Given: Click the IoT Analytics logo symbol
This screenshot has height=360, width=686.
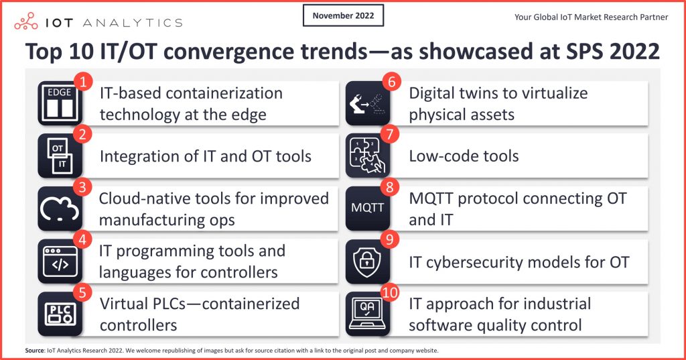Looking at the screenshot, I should (x=26, y=21).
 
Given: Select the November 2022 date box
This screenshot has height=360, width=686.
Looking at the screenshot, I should (x=343, y=15).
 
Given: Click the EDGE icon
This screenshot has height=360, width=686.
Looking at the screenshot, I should (x=60, y=103).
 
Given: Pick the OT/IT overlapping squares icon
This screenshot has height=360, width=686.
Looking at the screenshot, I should (x=60, y=156).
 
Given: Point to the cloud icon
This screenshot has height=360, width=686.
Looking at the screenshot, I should (x=60, y=208).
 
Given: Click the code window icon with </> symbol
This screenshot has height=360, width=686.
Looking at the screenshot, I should (x=60, y=261).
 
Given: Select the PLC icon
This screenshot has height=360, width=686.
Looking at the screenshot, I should (x=60, y=314).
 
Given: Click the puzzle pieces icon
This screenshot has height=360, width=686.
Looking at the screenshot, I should (x=368, y=156).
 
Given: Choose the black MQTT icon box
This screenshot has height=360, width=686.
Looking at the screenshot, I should (x=368, y=208).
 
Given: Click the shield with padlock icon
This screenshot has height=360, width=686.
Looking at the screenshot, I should (x=368, y=261).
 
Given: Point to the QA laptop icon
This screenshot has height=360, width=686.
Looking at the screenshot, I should (x=368, y=314).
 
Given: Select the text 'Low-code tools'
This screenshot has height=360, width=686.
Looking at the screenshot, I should (x=464, y=156).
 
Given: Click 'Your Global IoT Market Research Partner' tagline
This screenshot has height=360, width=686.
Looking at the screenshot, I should (x=591, y=17).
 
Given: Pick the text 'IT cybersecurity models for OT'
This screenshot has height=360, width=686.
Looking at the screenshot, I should (x=519, y=261).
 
